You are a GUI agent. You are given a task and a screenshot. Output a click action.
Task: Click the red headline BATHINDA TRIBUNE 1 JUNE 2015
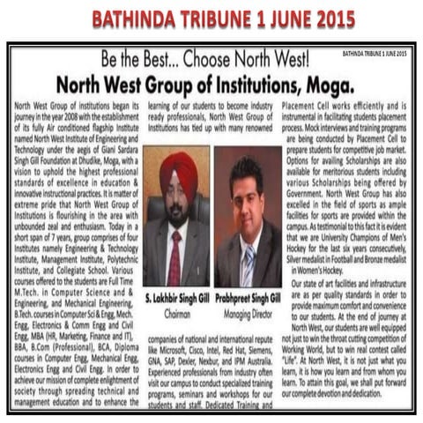(211, 19)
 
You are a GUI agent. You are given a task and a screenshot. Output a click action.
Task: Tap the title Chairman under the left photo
(177, 312)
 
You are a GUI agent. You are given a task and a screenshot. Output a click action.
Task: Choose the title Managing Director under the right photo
(248, 312)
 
